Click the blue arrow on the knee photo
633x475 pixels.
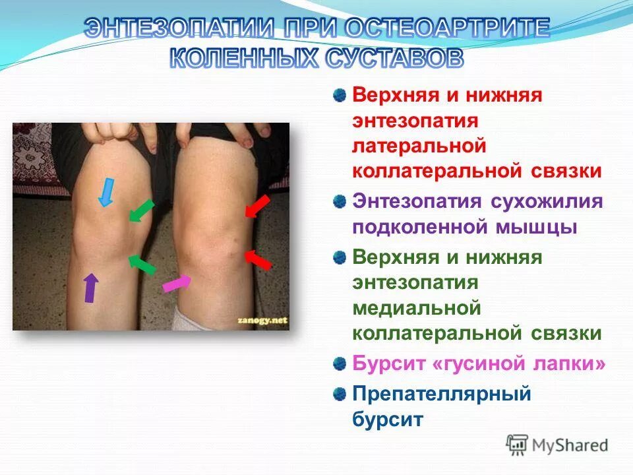105,191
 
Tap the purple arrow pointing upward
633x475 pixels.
90,288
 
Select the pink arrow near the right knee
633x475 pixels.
177,283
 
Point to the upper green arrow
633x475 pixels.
141,210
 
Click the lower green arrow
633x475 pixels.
141,264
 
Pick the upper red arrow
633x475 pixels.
257,205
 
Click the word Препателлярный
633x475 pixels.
442,394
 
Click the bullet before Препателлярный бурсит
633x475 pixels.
340,394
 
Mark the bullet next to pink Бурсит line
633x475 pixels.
340,363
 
